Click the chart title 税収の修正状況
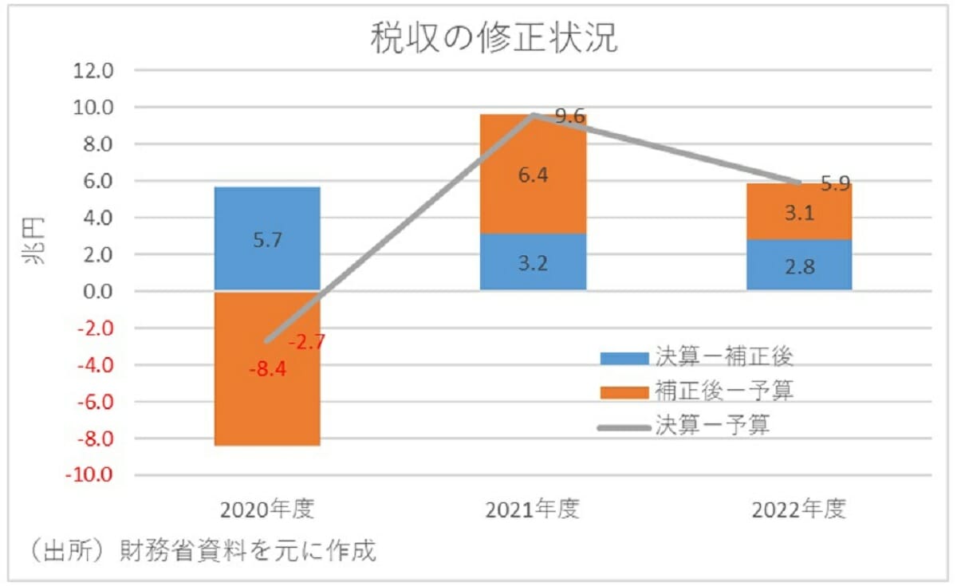click(494, 37)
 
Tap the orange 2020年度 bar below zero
click(267, 407)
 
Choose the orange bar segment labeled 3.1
click(798, 212)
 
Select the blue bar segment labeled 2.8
click(798, 265)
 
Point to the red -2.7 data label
click(306, 343)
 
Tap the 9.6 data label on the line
click(569, 117)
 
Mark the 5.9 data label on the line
click(835, 183)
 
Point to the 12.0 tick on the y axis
click(96, 71)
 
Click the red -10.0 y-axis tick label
click(92, 476)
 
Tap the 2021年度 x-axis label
click(532, 509)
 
